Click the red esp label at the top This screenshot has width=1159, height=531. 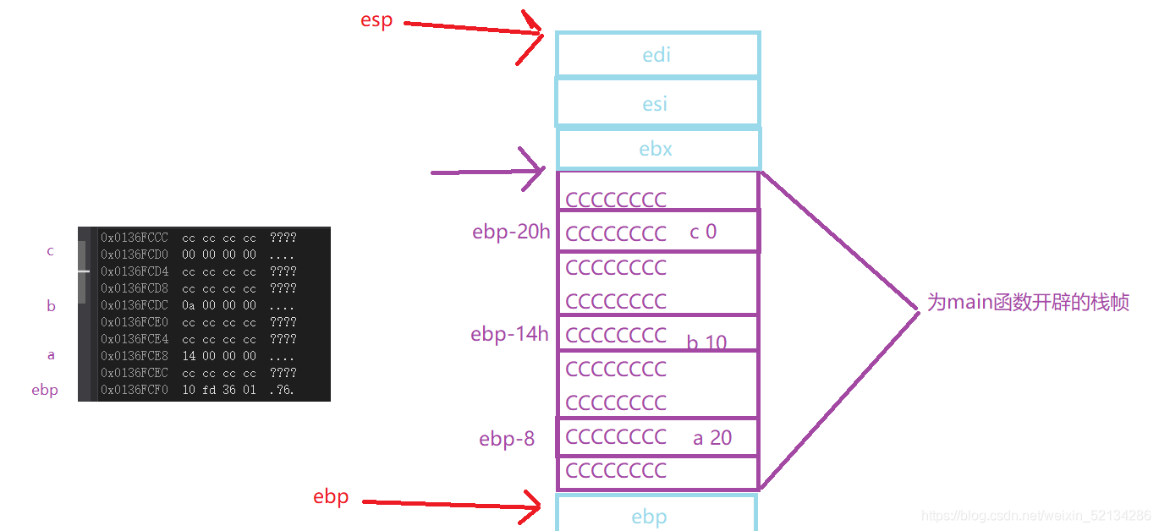(x=376, y=20)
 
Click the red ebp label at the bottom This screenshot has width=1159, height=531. (x=331, y=496)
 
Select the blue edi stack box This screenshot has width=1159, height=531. (x=657, y=55)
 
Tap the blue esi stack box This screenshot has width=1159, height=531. (x=656, y=103)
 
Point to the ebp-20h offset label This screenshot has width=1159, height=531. (x=511, y=233)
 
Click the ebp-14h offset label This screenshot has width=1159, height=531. (x=509, y=334)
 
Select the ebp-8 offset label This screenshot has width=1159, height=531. (x=507, y=439)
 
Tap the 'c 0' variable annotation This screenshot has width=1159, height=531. (x=703, y=232)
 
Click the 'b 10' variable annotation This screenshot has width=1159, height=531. (x=707, y=342)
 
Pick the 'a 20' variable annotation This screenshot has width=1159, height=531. (x=712, y=437)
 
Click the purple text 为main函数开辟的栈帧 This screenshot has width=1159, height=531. (x=1028, y=302)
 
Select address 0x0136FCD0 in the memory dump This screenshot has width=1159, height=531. (x=135, y=255)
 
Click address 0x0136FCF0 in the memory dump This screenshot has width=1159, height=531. (x=135, y=390)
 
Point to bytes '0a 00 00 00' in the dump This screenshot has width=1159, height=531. (x=219, y=305)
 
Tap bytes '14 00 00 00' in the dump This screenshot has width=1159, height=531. (x=219, y=356)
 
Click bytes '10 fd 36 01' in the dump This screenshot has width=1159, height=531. (x=219, y=390)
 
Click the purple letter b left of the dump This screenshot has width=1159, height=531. (x=51, y=306)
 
